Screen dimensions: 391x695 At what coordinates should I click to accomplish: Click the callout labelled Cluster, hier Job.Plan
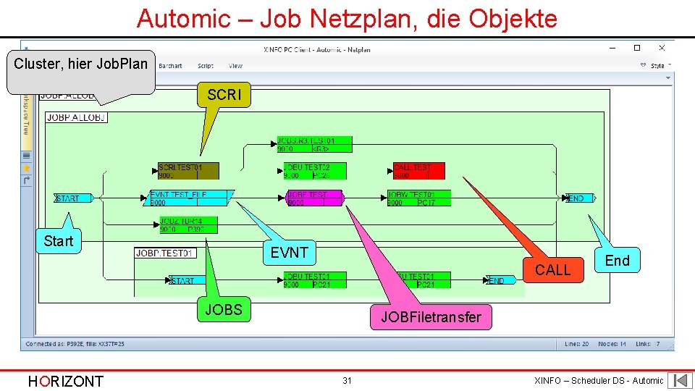tap(81, 64)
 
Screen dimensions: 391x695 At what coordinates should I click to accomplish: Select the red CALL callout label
tap(553, 270)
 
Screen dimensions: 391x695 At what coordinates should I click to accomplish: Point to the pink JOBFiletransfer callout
tap(431, 317)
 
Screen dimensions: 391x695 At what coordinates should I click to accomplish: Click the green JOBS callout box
tap(223, 311)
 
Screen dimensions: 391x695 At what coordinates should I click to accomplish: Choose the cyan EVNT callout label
tap(290, 253)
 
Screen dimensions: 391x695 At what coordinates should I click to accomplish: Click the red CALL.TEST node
tap(418, 171)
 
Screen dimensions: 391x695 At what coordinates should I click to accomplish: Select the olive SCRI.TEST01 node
tap(188, 171)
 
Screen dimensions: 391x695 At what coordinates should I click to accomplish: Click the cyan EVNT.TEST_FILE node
tap(190, 198)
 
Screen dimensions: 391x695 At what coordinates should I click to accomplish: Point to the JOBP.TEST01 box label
tap(165, 253)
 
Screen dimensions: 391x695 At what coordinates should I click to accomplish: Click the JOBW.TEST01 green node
tap(418, 198)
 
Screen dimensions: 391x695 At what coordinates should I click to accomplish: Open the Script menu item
tap(206, 66)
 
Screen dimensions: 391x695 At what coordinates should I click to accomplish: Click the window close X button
tap(662, 49)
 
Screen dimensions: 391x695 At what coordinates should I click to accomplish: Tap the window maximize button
tap(637, 49)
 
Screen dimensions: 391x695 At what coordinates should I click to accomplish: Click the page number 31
tap(347, 380)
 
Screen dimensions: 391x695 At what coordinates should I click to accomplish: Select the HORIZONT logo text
tap(65, 381)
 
